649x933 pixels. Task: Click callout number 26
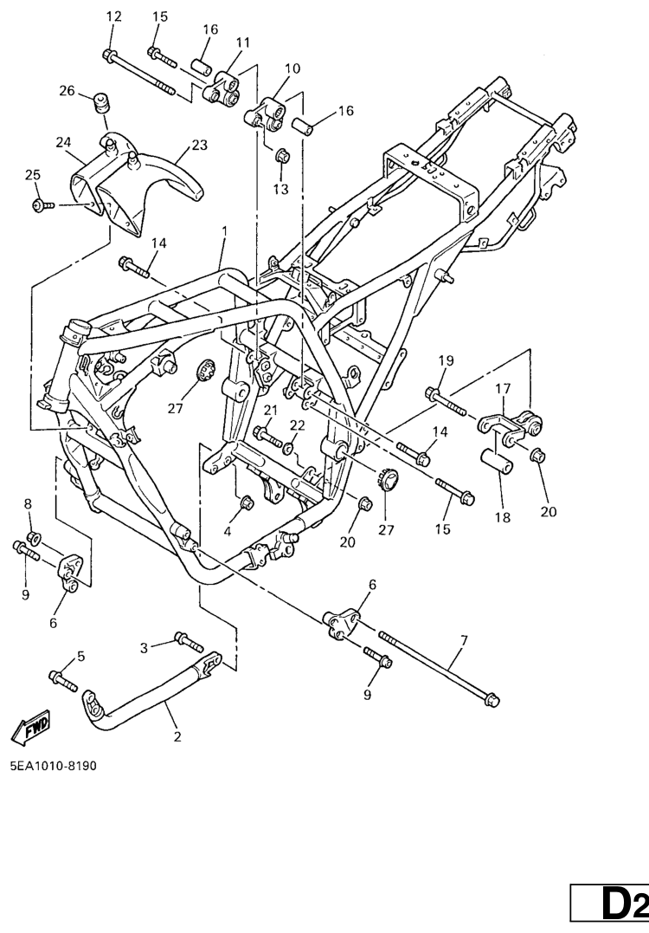pyautogui.click(x=67, y=91)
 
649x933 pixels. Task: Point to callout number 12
pyautogui.click(x=113, y=16)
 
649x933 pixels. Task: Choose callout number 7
pyautogui.click(x=464, y=640)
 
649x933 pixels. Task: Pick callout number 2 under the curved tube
pyautogui.click(x=177, y=737)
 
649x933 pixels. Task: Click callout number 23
pyautogui.click(x=200, y=146)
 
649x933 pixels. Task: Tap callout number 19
pyautogui.click(x=445, y=360)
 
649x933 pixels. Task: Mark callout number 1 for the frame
pyautogui.click(x=224, y=232)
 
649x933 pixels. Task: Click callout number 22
pyautogui.click(x=297, y=425)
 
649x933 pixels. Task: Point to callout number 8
pyautogui.click(x=27, y=503)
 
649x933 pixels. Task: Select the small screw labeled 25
pyautogui.click(x=40, y=205)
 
